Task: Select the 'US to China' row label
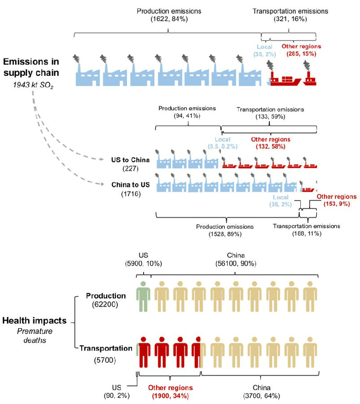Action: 127,160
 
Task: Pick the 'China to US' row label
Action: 127,184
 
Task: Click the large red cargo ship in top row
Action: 285,79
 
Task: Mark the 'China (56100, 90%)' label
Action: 235,259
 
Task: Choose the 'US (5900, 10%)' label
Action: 143,259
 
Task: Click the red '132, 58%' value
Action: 268,146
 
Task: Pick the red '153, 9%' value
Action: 332,204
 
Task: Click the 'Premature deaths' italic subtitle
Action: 34,336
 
